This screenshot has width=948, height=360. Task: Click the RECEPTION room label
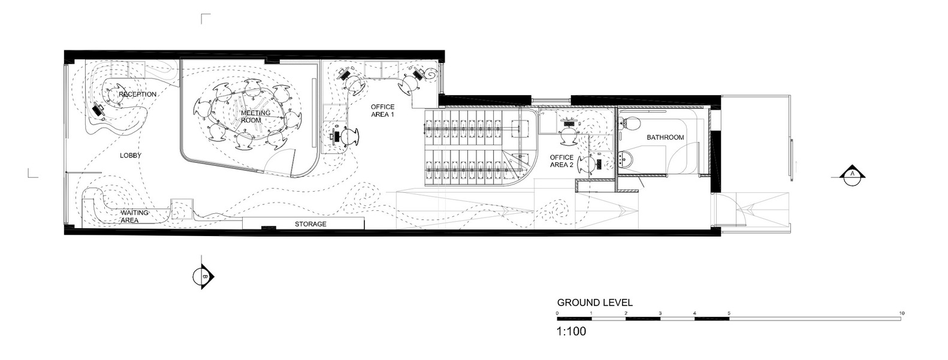point(138,94)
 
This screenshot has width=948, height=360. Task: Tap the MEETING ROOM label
point(255,116)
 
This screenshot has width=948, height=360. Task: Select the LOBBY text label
point(130,155)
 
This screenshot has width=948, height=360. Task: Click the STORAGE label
point(310,224)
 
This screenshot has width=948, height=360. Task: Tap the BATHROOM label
point(665,137)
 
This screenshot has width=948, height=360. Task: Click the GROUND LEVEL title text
point(594,302)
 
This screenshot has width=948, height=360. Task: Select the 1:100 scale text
point(571,331)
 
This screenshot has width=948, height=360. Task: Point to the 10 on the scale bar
point(901,313)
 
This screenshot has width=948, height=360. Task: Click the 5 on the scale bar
point(729,313)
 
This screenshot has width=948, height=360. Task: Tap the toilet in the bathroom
point(629,125)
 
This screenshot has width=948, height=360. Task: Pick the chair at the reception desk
point(114,95)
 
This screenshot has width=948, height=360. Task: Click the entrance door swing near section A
point(744,213)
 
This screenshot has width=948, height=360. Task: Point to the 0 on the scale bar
point(557,313)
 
